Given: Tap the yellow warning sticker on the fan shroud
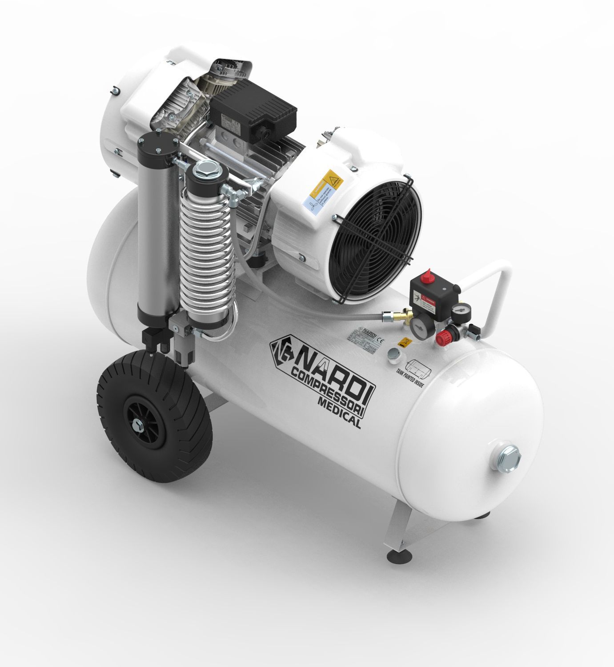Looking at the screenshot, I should coord(334,179).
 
